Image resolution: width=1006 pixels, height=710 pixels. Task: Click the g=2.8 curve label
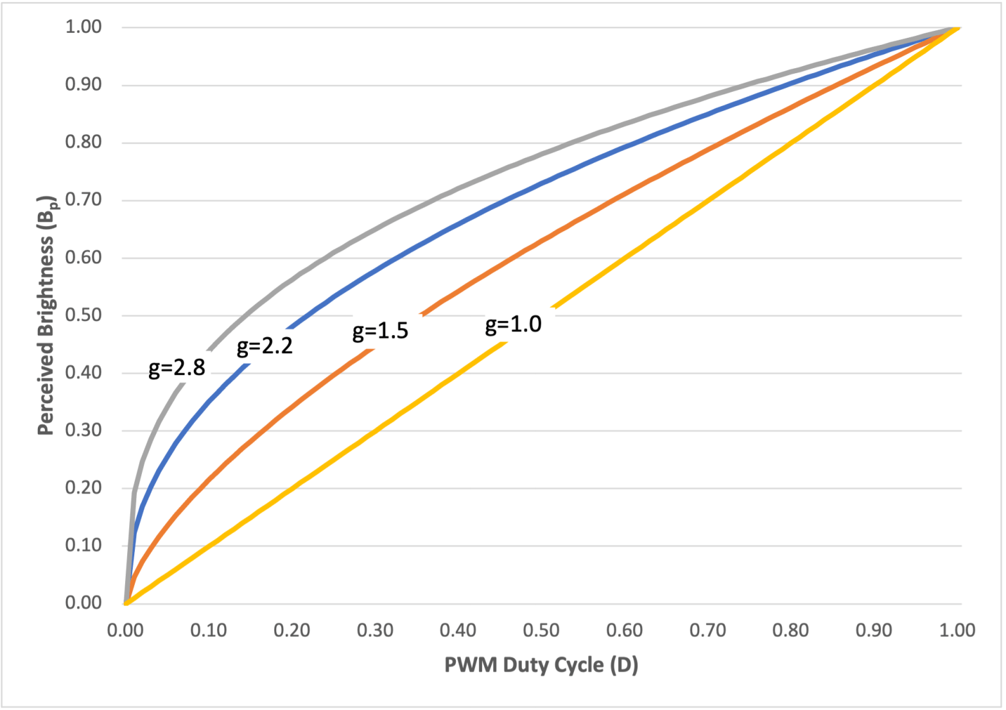point(177,368)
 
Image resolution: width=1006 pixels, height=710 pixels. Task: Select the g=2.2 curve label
point(265,347)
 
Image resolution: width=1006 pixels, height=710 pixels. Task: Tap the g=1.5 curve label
point(380,331)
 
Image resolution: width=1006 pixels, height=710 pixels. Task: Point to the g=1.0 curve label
point(513,324)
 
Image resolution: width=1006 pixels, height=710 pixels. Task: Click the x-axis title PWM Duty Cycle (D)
point(541,664)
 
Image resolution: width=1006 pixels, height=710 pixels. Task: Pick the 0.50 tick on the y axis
point(83,315)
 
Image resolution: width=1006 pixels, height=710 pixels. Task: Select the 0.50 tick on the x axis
point(541,630)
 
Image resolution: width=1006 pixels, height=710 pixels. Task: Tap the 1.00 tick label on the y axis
point(83,27)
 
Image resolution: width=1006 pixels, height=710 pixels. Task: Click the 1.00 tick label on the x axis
point(957,630)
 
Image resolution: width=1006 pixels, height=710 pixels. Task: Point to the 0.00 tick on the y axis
point(83,603)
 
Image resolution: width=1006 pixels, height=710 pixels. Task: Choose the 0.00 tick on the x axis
point(125,630)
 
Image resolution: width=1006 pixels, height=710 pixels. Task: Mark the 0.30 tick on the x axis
point(375,630)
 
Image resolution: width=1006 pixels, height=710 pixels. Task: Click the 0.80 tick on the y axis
point(83,142)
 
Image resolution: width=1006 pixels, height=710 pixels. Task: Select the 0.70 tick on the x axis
point(707,630)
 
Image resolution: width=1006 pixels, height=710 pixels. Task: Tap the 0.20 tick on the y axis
point(83,488)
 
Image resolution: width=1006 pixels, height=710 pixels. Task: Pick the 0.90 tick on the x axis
point(874,630)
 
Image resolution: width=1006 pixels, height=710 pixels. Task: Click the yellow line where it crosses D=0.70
point(708,200)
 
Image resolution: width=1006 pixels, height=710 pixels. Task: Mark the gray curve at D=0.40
point(458,190)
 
